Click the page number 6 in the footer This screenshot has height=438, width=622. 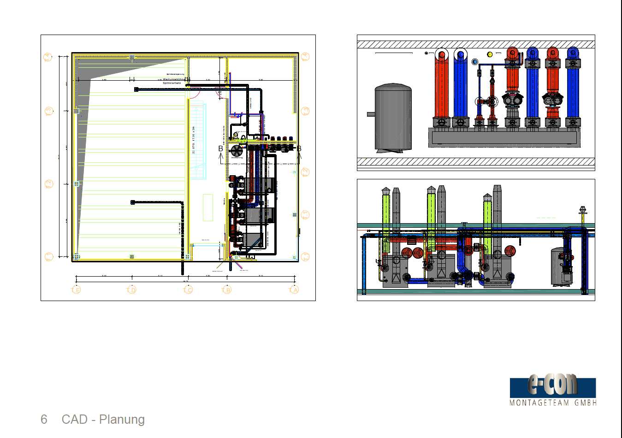44,419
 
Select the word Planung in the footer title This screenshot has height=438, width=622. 122,419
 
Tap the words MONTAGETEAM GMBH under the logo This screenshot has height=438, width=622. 553,403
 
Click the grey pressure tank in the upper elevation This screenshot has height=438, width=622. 393,118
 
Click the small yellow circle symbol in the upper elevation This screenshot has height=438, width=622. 490,54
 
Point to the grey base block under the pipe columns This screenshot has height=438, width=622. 504,137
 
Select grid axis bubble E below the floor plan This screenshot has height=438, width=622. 77,290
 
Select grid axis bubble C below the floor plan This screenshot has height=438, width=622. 188,290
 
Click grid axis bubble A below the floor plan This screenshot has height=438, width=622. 294,290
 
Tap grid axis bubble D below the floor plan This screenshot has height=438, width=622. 132,290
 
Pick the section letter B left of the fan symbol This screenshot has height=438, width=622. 220,149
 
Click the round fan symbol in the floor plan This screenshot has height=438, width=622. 237,151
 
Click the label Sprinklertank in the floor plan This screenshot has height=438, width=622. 172,83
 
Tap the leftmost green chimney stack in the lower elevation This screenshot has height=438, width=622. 386,221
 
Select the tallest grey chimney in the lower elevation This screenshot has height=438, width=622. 497,217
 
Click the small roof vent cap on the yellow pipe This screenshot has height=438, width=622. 583,210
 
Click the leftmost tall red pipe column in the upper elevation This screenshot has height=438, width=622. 441,88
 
